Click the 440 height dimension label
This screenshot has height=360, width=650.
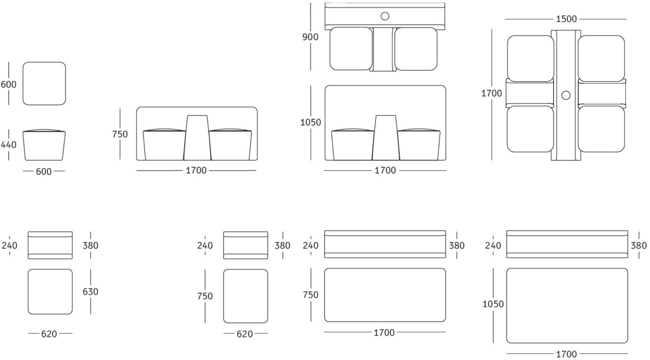click(x=8, y=145)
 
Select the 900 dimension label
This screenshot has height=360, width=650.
click(x=310, y=37)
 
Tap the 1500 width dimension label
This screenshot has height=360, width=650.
click(x=566, y=19)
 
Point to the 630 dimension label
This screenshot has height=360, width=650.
click(x=90, y=292)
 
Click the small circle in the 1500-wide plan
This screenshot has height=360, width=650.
click(x=566, y=95)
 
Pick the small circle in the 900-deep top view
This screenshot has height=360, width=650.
click(x=385, y=16)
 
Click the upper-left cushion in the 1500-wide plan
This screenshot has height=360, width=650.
click(x=530, y=58)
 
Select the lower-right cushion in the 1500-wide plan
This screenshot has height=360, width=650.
click(x=601, y=129)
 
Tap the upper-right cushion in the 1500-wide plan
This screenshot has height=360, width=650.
click(x=601, y=58)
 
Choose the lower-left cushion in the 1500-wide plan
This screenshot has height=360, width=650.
click(x=530, y=129)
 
